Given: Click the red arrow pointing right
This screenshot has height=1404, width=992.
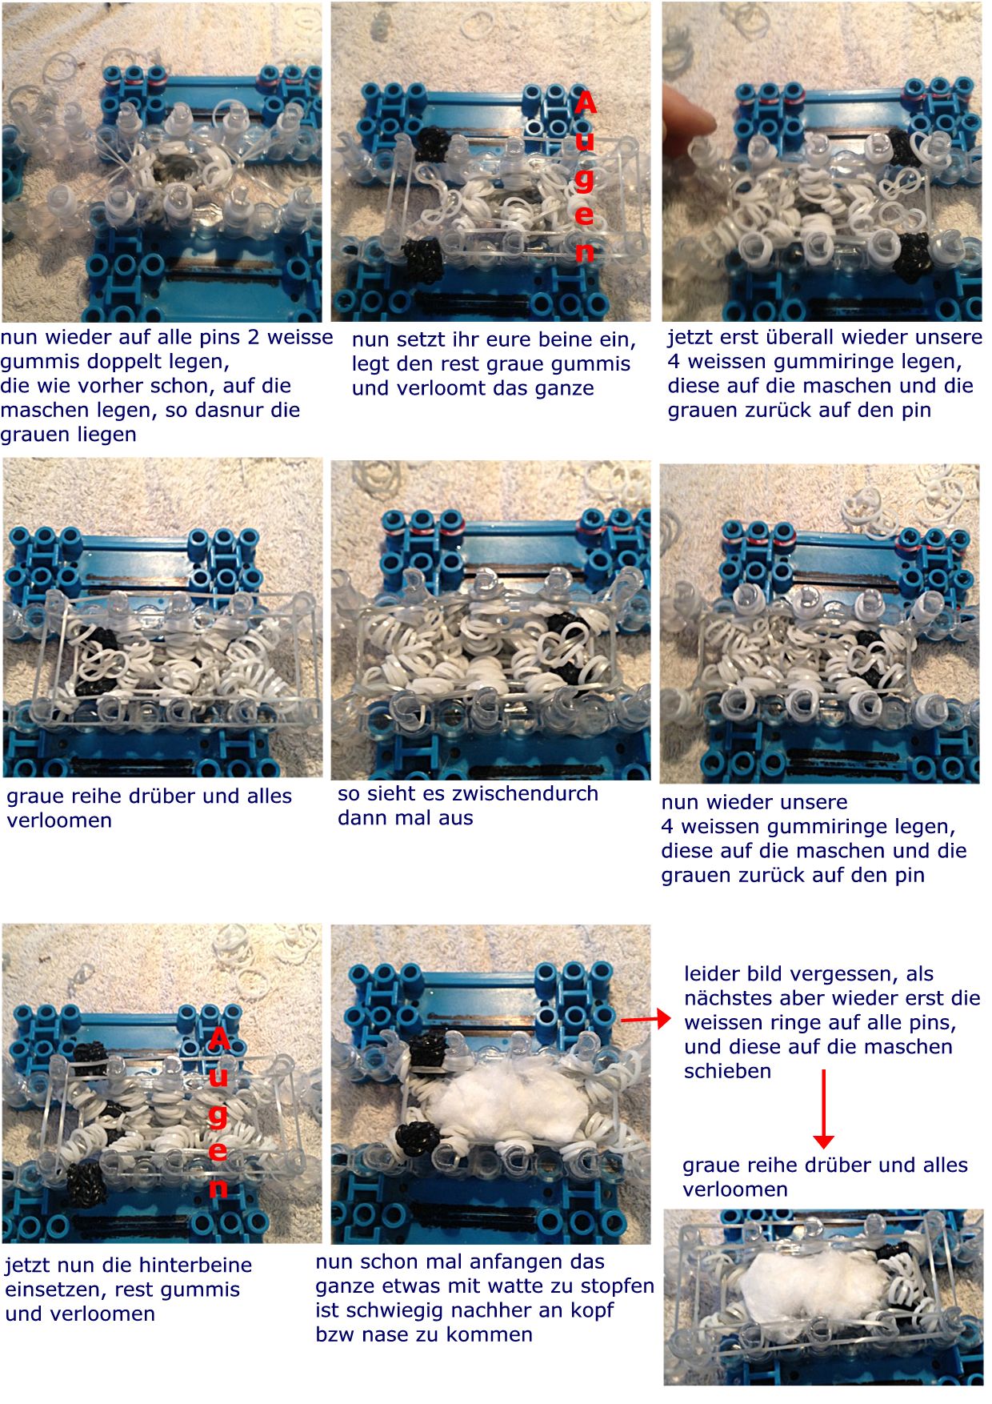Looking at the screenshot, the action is [x=646, y=1019].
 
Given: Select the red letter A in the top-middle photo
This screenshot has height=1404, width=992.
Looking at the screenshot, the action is [x=586, y=103].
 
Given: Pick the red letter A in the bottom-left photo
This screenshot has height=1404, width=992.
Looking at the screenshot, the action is [x=218, y=1039].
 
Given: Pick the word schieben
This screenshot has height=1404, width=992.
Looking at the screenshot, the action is [x=727, y=1071].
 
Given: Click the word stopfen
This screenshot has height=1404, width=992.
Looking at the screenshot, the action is [x=616, y=1287].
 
